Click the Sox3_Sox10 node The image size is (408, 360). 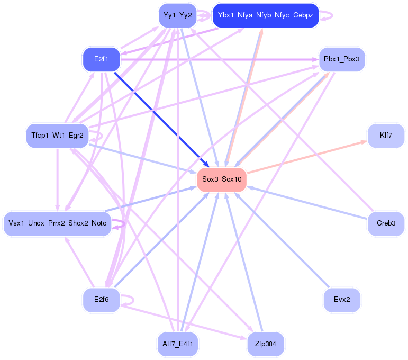222,179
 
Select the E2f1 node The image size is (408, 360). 101,59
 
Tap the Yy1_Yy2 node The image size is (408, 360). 177,15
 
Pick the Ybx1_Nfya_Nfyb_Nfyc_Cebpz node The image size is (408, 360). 265,15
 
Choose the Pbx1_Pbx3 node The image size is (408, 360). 341,59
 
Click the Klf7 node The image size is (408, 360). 386,136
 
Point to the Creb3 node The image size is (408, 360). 386,223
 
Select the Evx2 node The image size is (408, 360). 342,300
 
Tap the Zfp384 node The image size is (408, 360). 265,344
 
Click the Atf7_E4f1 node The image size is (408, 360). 178,344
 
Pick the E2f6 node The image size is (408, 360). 101,300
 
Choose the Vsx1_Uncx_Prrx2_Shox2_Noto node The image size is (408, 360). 57,223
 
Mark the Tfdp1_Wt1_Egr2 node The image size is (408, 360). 57,136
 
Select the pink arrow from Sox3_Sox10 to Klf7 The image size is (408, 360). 307,157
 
